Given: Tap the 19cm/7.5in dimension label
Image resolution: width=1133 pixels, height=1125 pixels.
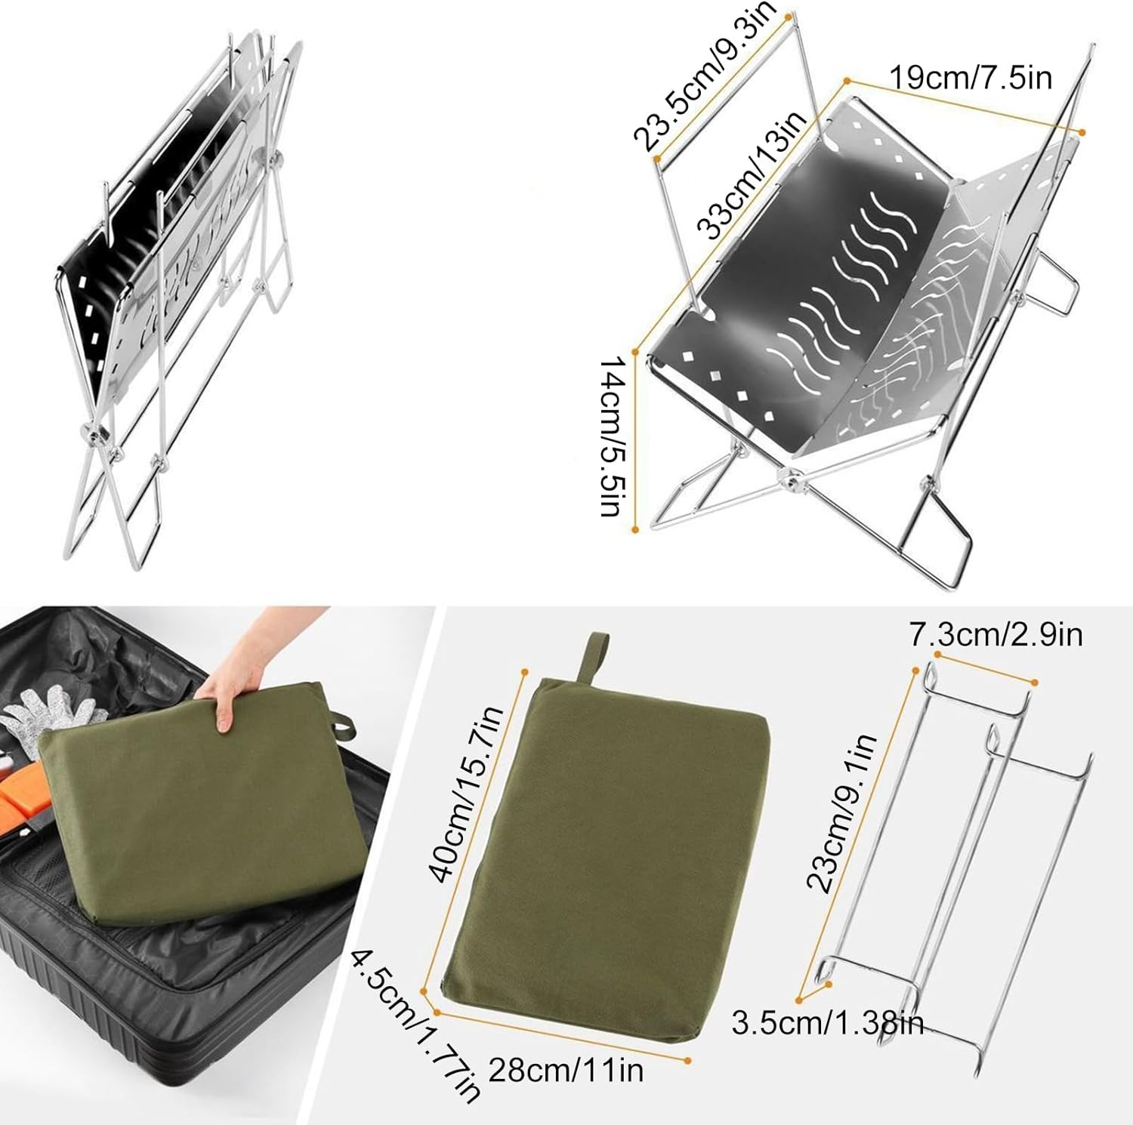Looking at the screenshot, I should point(970,78).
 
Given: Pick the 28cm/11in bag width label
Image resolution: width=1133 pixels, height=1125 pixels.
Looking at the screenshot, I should point(566,1071).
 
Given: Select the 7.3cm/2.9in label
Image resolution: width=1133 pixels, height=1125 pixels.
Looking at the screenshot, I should point(996,635).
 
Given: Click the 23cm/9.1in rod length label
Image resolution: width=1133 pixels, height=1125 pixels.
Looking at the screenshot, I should point(841,812).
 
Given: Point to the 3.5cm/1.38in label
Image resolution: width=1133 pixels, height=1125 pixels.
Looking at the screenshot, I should point(827,1024).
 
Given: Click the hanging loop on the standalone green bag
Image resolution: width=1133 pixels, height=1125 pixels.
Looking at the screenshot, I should point(594,656).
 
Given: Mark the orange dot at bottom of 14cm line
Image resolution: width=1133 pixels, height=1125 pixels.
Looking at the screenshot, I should point(635,530).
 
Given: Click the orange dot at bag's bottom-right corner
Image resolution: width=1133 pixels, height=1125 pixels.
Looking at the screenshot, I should point(687,1061).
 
